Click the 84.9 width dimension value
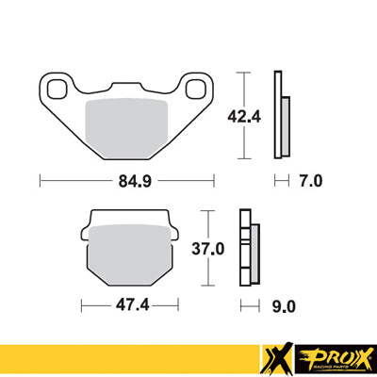(127, 177)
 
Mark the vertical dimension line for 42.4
(246, 115)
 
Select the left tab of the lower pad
(88, 227)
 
